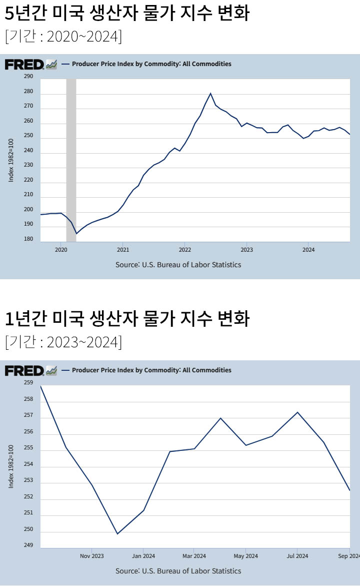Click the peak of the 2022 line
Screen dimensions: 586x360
coord(210,93)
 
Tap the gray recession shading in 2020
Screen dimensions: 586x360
coord(71,160)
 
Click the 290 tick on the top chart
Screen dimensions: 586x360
coord(28,77)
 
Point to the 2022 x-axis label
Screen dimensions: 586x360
coord(184,249)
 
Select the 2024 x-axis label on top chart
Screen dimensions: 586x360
coord(308,249)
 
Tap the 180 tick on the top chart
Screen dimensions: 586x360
coord(28,239)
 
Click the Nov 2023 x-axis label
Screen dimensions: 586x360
coord(92,555)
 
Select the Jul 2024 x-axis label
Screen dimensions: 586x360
coord(297,555)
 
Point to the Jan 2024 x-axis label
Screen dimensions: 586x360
coord(143,555)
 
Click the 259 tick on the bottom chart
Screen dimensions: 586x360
coord(28,383)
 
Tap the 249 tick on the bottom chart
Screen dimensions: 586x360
coord(28,545)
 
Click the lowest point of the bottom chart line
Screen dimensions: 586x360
coord(117,534)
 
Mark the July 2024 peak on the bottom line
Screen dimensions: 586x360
coord(297,412)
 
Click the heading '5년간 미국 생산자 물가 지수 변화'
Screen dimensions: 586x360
coord(127,14)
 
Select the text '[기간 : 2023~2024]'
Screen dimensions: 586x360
coord(63,342)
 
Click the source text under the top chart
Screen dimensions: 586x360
coord(178,265)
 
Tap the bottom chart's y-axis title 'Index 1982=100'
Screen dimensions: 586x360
coord(11,466)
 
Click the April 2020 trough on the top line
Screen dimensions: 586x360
coord(76,234)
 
